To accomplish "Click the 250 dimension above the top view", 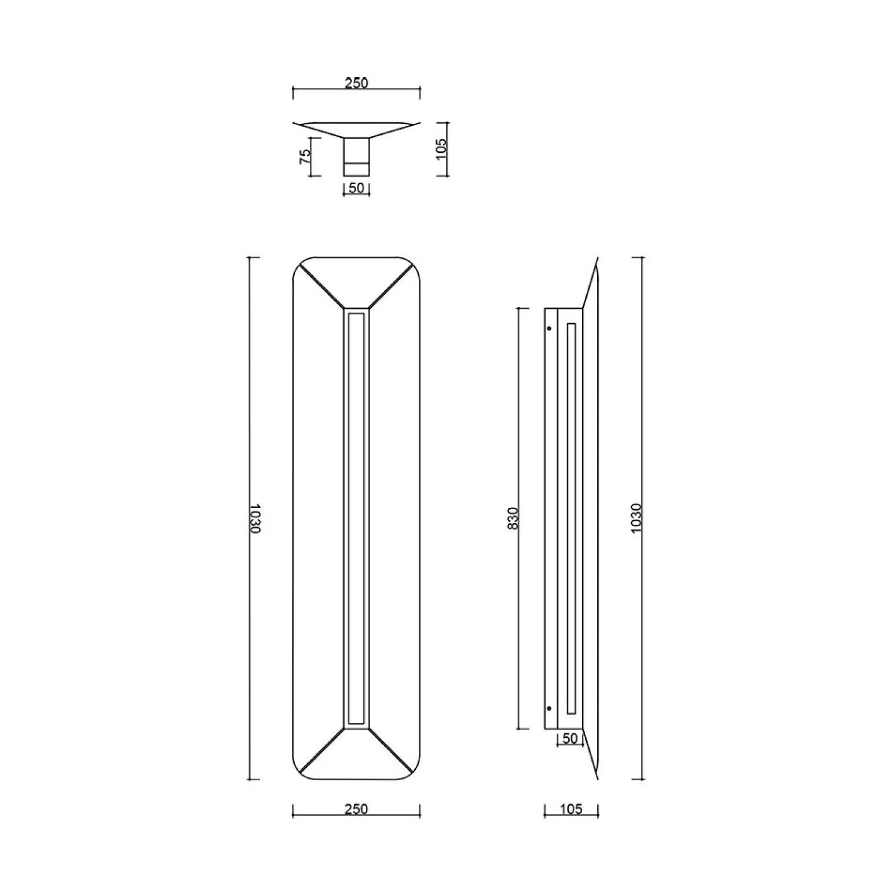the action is point(356,83).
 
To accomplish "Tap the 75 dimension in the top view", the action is point(305,156).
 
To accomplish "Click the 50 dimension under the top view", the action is point(357,188).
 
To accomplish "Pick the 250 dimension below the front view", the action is point(356,809).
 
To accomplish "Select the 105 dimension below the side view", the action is point(571,809).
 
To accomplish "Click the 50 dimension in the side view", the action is point(570,739).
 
